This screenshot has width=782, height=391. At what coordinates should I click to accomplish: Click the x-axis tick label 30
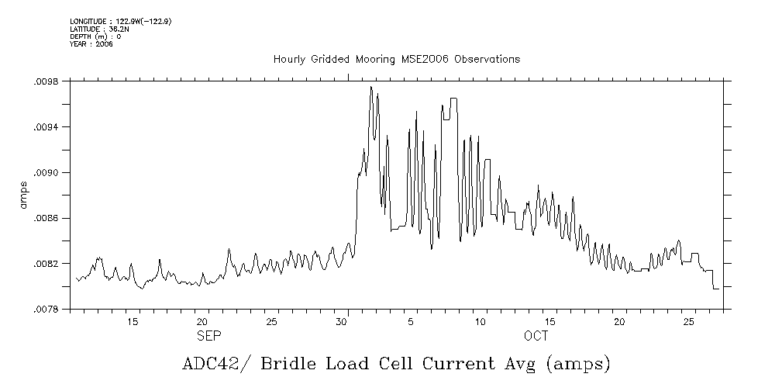pyautogui.click(x=342, y=321)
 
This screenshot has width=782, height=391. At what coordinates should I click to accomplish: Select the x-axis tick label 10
pyautogui.click(x=481, y=321)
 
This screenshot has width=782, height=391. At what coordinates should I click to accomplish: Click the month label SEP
pyautogui.click(x=208, y=337)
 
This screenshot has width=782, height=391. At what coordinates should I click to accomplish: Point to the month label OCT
pyautogui.click(x=536, y=337)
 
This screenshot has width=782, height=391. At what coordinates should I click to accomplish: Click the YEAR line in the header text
pyautogui.click(x=80, y=43)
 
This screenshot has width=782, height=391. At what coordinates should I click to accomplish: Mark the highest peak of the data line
pyautogui.click(x=371, y=87)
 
